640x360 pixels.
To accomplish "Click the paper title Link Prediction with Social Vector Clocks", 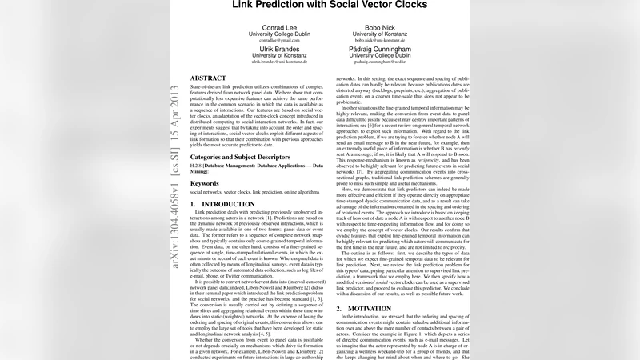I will pyautogui.click(x=330, y=5).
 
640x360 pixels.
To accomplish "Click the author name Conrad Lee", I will pyautogui.click(x=278, y=26).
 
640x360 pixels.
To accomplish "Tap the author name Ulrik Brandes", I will pyautogui.click(x=278, y=48).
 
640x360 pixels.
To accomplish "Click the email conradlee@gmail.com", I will pyautogui.click(x=278, y=40).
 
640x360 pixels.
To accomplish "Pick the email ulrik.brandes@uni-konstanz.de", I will pyautogui.click(x=278, y=62).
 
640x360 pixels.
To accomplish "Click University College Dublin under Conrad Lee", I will pyautogui.click(x=278, y=34).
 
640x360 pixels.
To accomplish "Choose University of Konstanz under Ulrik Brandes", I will pyautogui.click(x=278, y=55).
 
